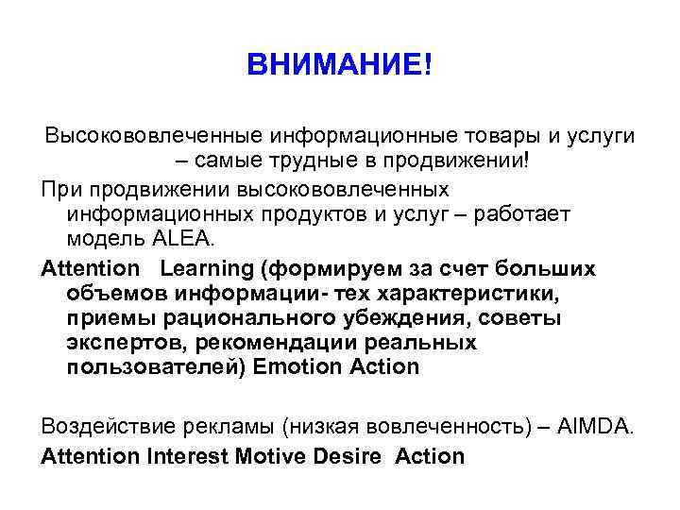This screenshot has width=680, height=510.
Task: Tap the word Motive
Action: tap(273, 457)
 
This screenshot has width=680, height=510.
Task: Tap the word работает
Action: tap(523, 213)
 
